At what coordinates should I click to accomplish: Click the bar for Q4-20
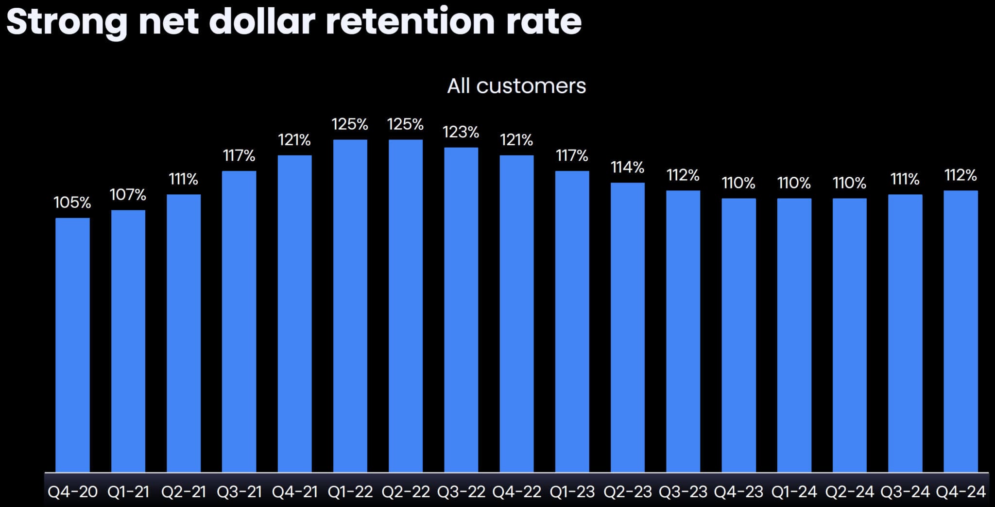point(72,345)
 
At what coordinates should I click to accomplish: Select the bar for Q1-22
point(350,306)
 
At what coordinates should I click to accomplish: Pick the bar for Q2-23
point(627,327)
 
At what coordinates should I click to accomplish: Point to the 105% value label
point(72,203)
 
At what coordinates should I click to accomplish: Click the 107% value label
point(128,195)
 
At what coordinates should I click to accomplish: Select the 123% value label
point(461,132)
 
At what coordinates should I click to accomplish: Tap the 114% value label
point(627,168)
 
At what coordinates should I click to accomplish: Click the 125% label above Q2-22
point(405,124)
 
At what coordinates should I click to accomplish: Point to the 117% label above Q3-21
point(239,156)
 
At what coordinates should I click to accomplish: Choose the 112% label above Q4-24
point(960,175)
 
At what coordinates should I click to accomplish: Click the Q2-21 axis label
point(184,492)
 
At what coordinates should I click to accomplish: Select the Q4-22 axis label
point(516,492)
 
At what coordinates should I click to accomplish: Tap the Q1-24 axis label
point(794,492)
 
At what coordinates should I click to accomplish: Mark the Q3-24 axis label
point(905,492)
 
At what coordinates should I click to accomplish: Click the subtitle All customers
point(516,86)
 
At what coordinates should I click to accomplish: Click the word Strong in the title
point(67,22)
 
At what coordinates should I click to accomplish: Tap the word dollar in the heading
point(262,22)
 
